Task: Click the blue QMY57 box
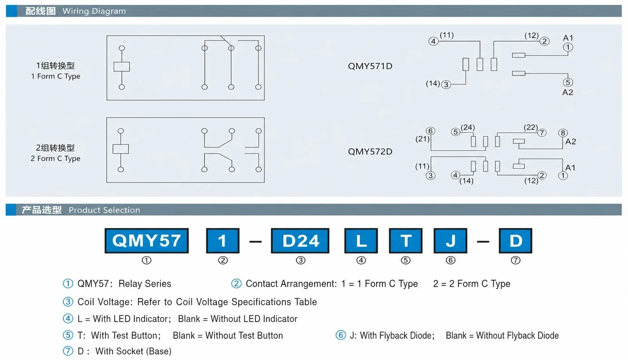(x=147, y=240)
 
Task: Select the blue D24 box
(x=300, y=240)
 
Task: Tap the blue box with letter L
(x=361, y=240)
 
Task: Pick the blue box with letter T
(x=405, y=240)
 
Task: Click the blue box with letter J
(x=450, y=240)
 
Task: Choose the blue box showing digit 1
(x=223, y=240)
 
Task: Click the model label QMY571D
(x=370, y=66)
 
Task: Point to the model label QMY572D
(x=370, y=152)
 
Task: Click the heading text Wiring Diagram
(x=94, y=11)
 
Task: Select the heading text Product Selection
(x=105, y=210)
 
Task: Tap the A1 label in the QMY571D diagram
(x=568, y=38)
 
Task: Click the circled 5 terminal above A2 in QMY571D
(x=568, y=82)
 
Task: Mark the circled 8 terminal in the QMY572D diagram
(x=563, y=133)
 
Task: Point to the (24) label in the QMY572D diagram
(x=468, y=127)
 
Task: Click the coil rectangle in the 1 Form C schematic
(x=122, y=67)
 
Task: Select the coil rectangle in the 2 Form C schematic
(x=120, y=149)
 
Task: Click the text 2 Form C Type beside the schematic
(x=55, y=159)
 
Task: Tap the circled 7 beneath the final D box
(x=515, y=260)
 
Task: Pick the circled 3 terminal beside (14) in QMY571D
(x=446, y=85)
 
